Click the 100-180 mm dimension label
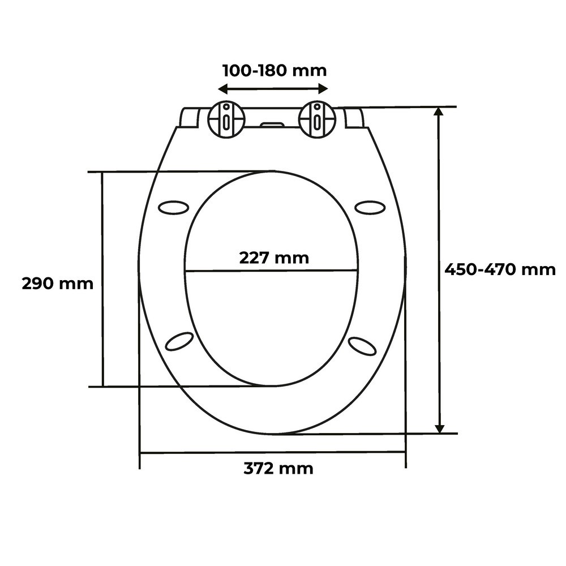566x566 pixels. pyautogui.click(x=275, y=70)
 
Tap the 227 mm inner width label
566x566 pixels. pyautogui.click(x=274, y=258)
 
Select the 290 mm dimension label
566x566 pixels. pyautogui.click(x=57, y=284)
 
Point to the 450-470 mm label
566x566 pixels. pyautogui.click(x=500, y=269)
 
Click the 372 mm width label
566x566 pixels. pyautogui.click(x=278, y=468)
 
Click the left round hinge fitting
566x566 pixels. pyautogui.click(x=226, y=119)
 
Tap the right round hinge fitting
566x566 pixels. pyautogui.click(x=318, y=119)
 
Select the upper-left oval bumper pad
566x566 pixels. pyautogui.click(x=173, y=208)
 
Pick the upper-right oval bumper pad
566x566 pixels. pyautogui.click(x=370, y=208)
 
